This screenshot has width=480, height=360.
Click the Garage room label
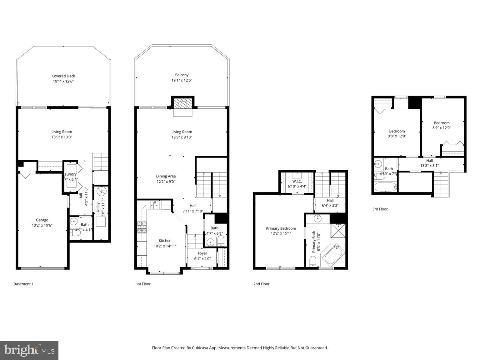(x=42, y=222)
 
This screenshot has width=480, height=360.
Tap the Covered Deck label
(x=63, y=78)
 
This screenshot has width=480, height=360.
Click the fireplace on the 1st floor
(x=183, y=104)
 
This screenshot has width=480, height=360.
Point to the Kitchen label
(x=165, y=243)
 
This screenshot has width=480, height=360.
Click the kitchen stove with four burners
(x=142, y=227)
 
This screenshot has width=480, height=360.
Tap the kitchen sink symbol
(x=155, y=205)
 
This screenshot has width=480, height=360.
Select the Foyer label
(x=202, y=256)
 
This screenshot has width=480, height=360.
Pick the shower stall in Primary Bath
(x=338, y=231)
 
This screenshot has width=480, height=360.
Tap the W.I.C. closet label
(x=297, y=184)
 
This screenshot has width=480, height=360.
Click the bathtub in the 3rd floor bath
(x=385, y=187)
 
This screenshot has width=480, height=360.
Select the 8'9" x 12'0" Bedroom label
(x=441, y=125)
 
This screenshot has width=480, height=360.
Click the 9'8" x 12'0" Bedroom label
(x=397, y=133)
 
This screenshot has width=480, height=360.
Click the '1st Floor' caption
(x=143, y=284)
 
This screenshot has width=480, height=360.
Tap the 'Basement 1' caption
(x=23, y=284)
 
